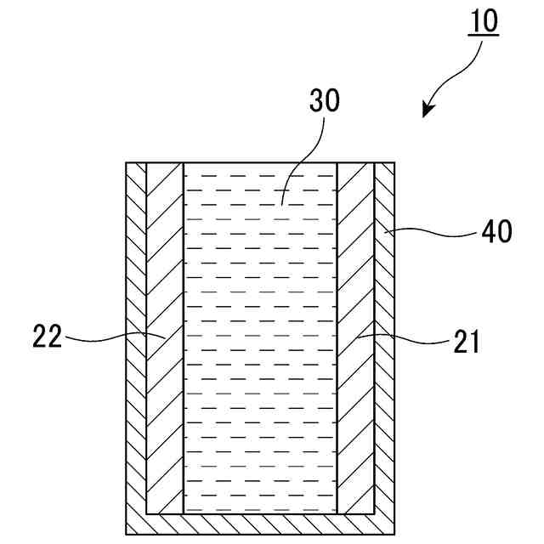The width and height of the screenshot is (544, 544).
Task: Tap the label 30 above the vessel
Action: tap(323, 100)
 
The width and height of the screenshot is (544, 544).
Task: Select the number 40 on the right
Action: tap(496, 231)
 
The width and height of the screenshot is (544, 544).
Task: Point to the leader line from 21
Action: tap(399, 337)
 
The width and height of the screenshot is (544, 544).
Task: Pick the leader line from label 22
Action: tap(110, 338)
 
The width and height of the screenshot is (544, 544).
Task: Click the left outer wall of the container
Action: tap(136, 340)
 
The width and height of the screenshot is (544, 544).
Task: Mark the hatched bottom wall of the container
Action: tap(260, 524)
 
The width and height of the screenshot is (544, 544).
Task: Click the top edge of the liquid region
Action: tap(260, 163)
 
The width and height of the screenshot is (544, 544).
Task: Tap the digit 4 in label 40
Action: tap(489, 231)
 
